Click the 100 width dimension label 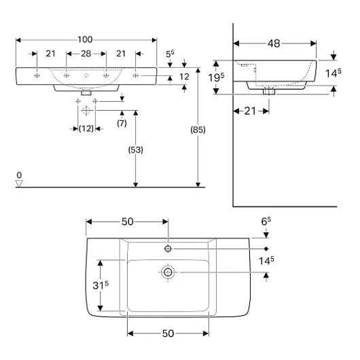pyautogui.click(x=85, y=39)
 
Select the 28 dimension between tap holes pyautogui.click(x=86, y=54)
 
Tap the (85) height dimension pyautogui.click(x=198, y=130)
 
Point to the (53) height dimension pyautogui.click(x=135, y=150)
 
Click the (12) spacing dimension pyautogui.click(x=86, y=128)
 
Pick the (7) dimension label pyautogui.click(x=122, y=124)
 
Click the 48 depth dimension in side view pyautogui.click(x=274, y=43)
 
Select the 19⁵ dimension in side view pyautogui.click(x=216, y=77)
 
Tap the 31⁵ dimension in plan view pyautogui.click(x=101, y=285)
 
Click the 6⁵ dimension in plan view pyautogui.click(x=266, y=221)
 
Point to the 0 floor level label pyautogui.click(x=19, y=175)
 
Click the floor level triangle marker pyautogui.click(x=19, y=183)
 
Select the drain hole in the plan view pyautogui.click(x=168, y=272)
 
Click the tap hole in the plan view pyautogui.click(x=168, y=249)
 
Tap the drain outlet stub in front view pyautogui.click(x=86, y=93)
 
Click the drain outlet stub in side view pyautogui.click(x=269, y=92)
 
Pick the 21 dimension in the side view pyautogui.click(x=250, y=111)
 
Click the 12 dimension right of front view pyautogui.click(x=184, y=77)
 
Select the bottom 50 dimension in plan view pyautogui.click(x=168, y=334)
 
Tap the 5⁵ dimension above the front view pyautogui.click(x=170, y=54)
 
